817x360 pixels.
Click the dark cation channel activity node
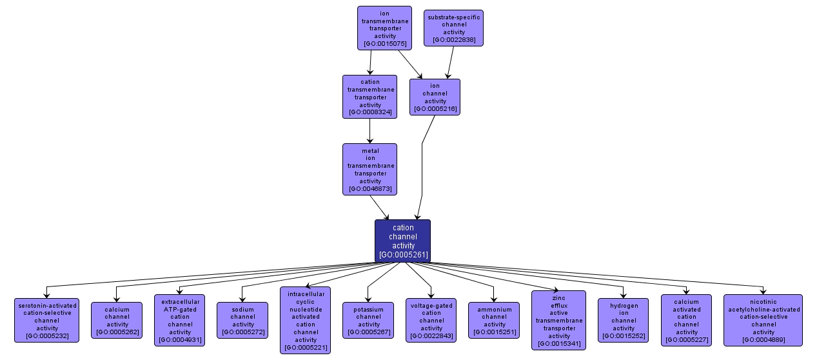[x=402, y=241]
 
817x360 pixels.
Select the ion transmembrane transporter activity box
[x=384, y=28]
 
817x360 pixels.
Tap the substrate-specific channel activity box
[x=453, y=28]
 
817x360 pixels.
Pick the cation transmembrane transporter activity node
[x=369, y=97]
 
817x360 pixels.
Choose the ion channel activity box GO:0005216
[x=435, y=97]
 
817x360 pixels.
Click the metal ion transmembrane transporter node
[x=369, y=169]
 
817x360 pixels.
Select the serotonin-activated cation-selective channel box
[x=46, y=320]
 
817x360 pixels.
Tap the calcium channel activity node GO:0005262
[x=117, y=320]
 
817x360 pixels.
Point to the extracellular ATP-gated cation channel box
[x=179, y=320]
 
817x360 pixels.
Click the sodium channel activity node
[x=242, y=320]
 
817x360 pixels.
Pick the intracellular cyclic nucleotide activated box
[x=305, y=320]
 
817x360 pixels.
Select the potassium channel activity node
[x=368, y=320]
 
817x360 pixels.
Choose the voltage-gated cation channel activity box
[x=431, y=320]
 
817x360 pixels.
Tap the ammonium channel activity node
[x=494, y=320]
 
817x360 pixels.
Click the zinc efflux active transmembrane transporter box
[x=558, y=320]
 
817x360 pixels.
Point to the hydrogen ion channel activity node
[x=623, y=320]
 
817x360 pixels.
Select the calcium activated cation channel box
[x=686, y=320]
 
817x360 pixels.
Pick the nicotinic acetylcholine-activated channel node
[x=763, y=320]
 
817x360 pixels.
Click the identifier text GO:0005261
[x=403, y=255]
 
